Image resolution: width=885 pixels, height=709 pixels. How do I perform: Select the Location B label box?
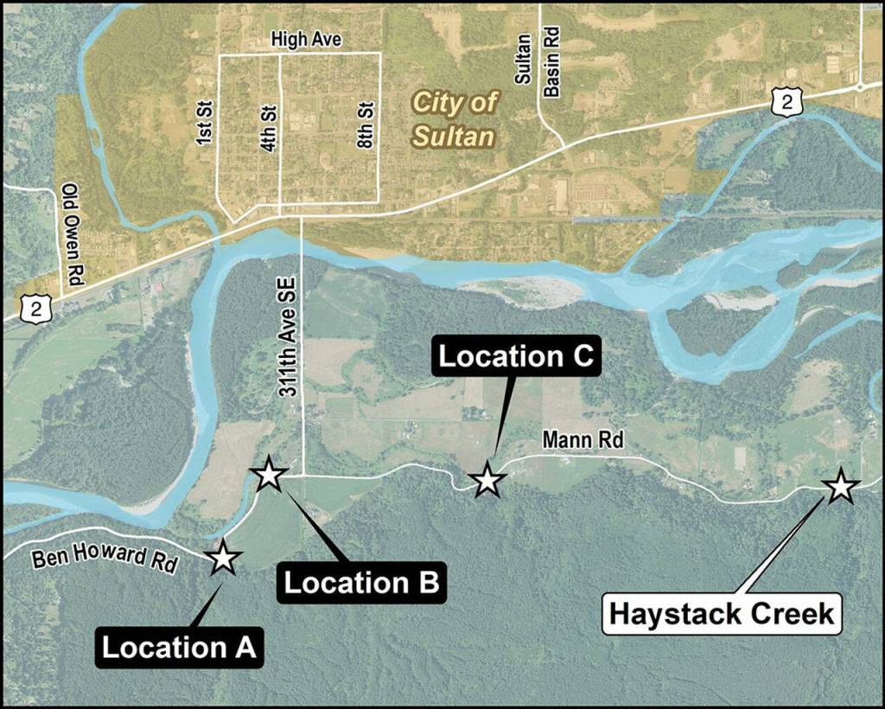click(362, 583)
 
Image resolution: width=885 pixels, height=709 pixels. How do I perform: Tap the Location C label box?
click(517, 356)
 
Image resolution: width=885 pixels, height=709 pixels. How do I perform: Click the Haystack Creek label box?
click(722, 614)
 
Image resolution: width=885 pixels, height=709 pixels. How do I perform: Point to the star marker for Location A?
click(224, 558)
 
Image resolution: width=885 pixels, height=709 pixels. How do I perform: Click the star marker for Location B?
click(269, 474)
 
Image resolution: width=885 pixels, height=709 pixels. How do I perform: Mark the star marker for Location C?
click(487, 479)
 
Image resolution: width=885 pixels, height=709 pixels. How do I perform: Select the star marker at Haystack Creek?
click(839, 486)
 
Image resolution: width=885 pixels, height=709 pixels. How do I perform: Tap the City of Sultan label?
click(454, 119)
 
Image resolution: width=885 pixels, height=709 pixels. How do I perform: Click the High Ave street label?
click(306, 40)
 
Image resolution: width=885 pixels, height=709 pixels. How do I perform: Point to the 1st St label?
click(205, 127)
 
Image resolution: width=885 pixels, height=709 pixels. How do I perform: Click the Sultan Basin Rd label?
click(537, 61)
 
